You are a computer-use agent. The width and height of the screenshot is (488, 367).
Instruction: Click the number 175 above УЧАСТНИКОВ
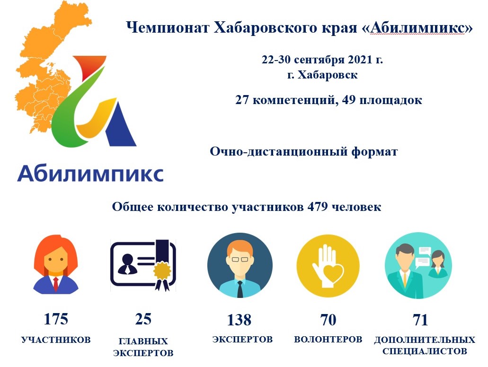pyautogui.click(x=56, y=319)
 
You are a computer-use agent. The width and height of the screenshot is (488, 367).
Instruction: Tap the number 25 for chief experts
pyautogui.click(x=143, y=319)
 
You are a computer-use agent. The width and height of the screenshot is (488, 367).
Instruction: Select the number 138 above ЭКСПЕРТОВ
pyautogui.click(x=239, y=320)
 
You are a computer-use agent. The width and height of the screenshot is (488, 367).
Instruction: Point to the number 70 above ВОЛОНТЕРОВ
pyautogui.click(x=328, y=320)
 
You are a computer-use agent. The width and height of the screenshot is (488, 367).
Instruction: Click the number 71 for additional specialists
pyautogui.click(x=420, y=320)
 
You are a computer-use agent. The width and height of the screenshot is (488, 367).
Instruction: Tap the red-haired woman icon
pyautogui.click(x=56, y=264)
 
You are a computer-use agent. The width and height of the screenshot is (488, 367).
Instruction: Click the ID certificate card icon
pyautogui.click(x=143, y=265)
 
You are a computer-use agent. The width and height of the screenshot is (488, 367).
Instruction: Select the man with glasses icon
pyautogui.click(x=240, y=265)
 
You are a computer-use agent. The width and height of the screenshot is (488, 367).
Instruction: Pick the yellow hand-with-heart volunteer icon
pyautogui.click(x=328, y=266)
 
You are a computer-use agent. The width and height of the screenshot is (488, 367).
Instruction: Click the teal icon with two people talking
pyautogui.click(x=418, y=266)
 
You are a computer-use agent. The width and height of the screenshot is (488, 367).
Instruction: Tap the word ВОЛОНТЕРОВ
pyautogui.click(x=328, y=339)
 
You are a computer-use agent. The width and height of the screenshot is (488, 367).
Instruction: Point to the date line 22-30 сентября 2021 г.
pyautogui.click(x=322, y=59)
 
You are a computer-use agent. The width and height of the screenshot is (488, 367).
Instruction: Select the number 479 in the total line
pyautogui.click(x=318, y=207)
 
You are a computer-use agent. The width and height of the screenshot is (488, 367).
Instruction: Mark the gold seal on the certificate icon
pyautogui.click(x=162, y=270)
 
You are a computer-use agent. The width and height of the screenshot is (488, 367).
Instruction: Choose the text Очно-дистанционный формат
pyautogui.click(x=304, y=152)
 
